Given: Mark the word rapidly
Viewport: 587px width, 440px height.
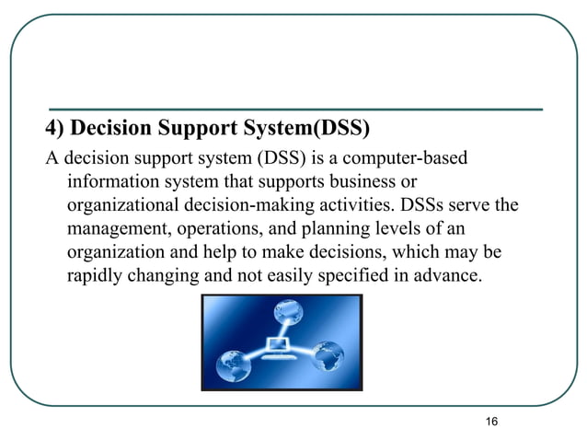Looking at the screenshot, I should coord(96,275).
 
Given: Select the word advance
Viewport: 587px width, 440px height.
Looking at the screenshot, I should coord(445,275).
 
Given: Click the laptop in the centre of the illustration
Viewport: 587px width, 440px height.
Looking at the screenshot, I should coord(277,345).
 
